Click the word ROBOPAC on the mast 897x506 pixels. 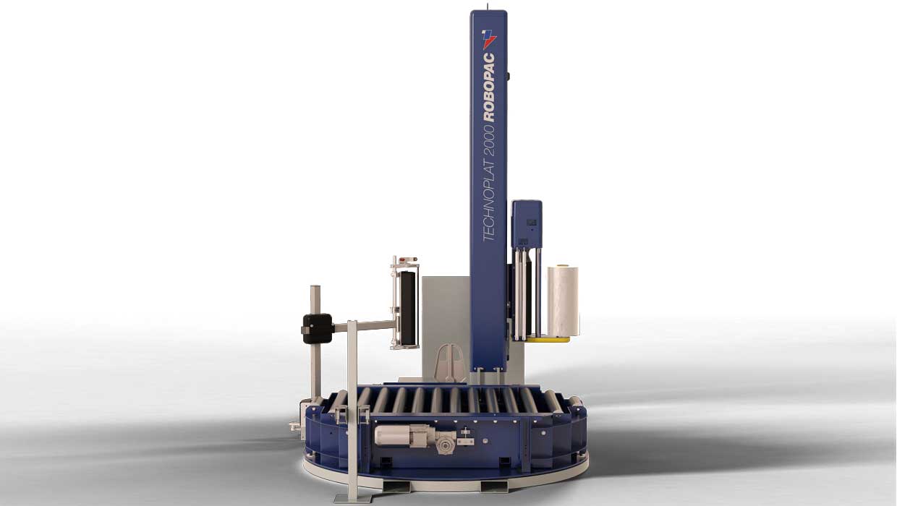click(x=489, y=87)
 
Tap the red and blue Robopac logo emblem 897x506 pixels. click(x=489, y=39)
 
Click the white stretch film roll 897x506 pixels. click(x=563, y=300)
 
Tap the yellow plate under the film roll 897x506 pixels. click(x=548, y=340)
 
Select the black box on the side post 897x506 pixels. click(x=317, y=329)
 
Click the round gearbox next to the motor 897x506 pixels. click(x=443, y=445)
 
